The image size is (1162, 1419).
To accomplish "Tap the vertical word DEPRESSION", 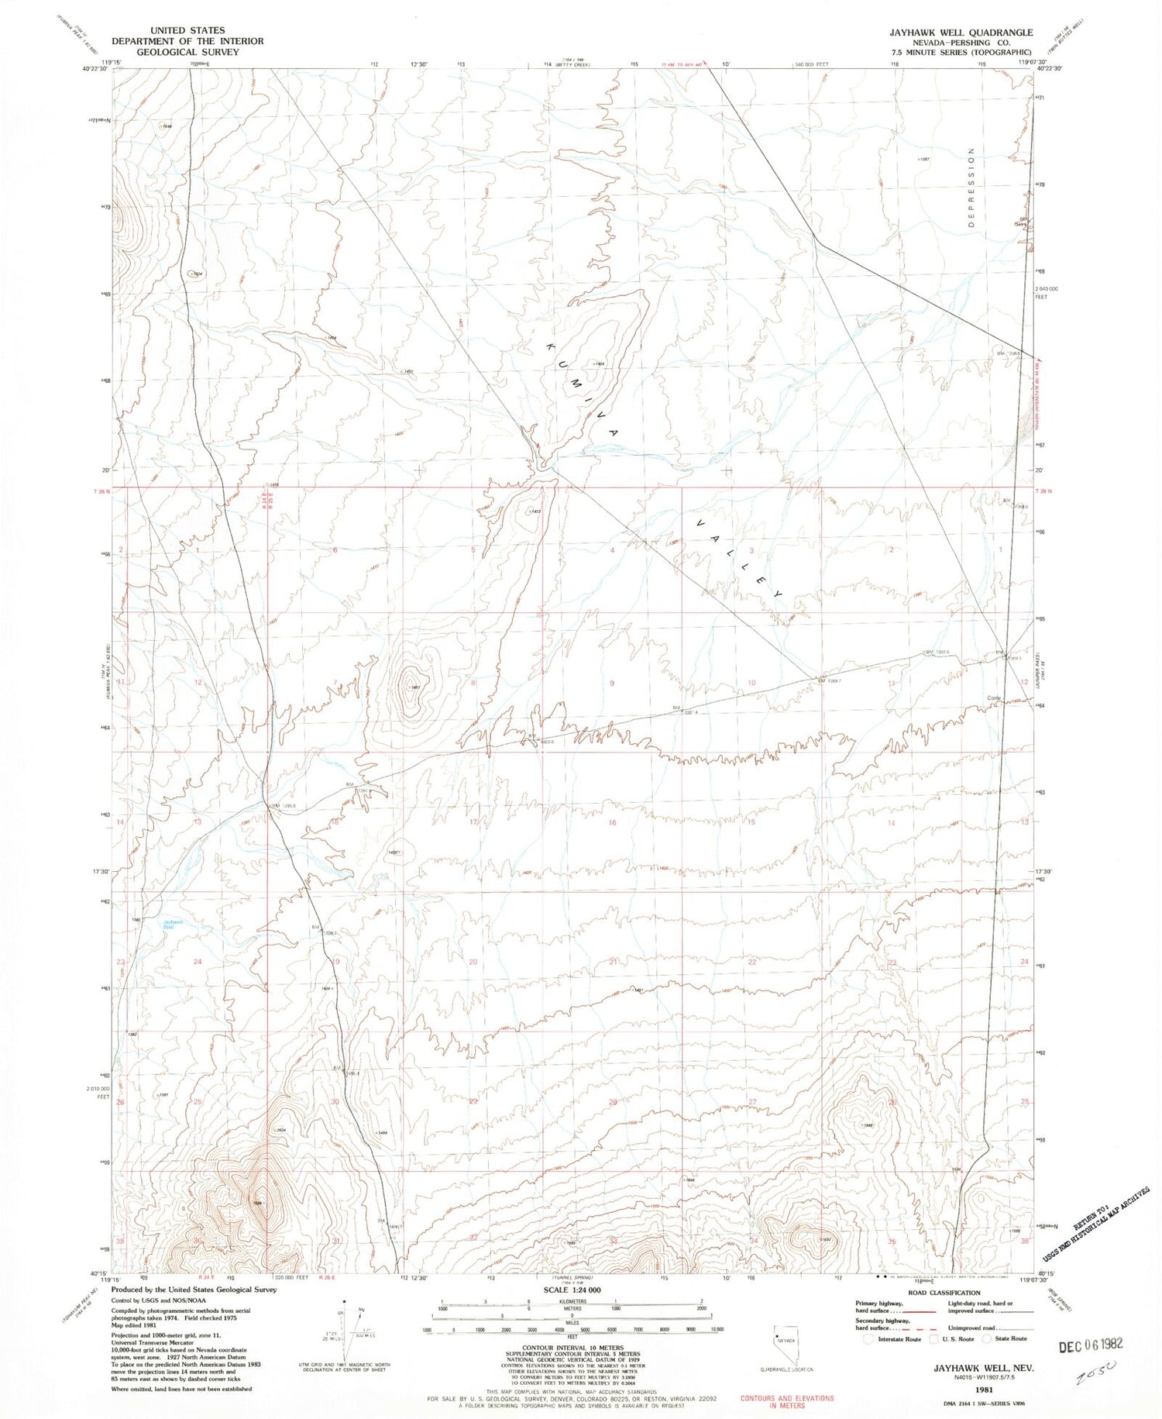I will pyautogui.click(x=970, y=186).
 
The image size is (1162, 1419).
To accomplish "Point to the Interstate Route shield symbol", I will pyautogui.click(x=868, y=1338).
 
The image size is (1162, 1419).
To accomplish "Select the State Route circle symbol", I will pyautogui.click(x=987, y=1338).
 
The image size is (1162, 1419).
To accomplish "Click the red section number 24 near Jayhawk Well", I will pyautogui.click(x=198, y=962).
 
